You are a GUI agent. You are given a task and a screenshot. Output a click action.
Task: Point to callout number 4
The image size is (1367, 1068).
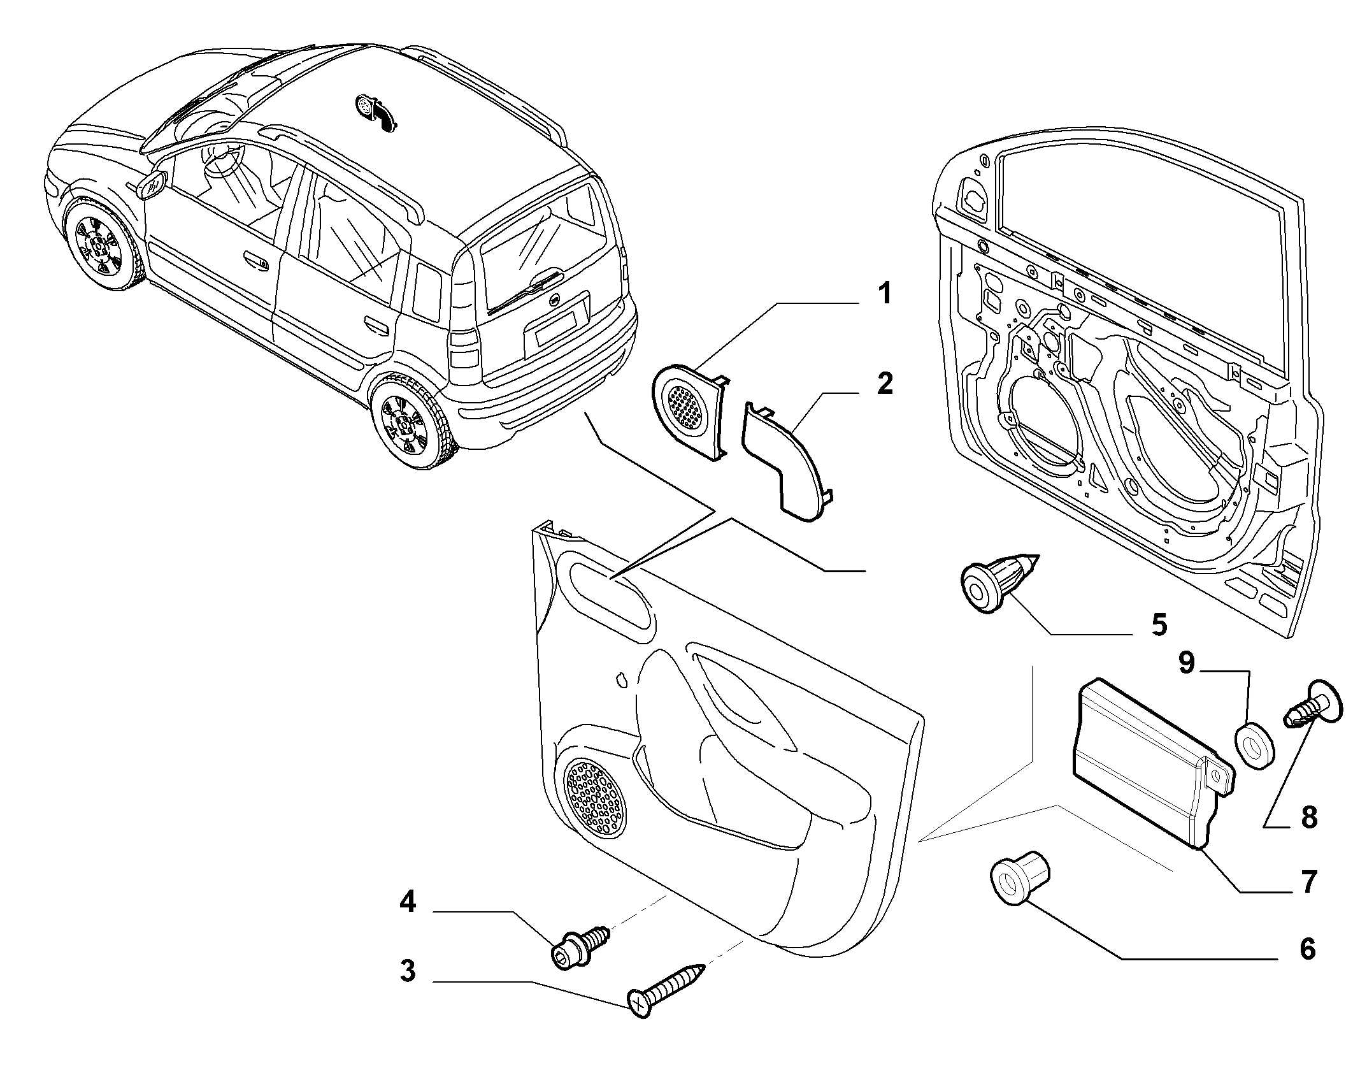(x=408, y=902)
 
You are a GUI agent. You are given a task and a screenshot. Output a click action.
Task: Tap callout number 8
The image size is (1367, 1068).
(x=1308, y=818)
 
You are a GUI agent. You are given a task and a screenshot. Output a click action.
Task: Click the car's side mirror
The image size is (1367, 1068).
(x=152, y=185)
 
